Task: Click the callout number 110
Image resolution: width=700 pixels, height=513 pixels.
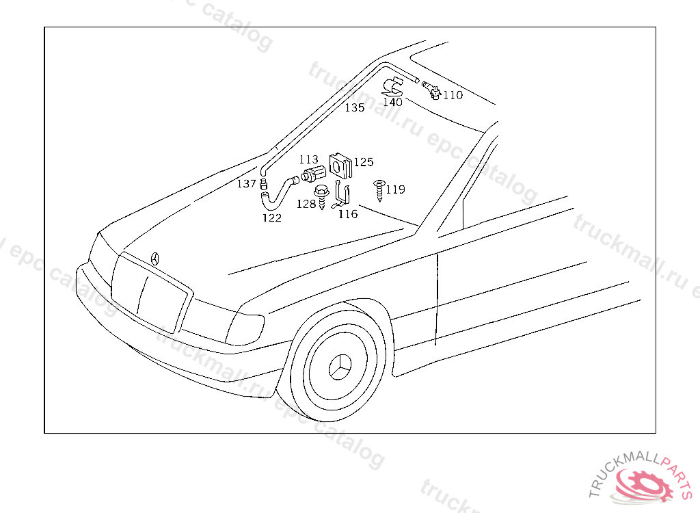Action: click(x=453, y=95)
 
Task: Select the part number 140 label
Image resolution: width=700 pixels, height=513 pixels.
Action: click(x=392, y=103)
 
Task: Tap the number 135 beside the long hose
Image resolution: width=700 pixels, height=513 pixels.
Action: click(x=354, y=108)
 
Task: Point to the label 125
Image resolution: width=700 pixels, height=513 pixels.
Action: click(x=364, y=162)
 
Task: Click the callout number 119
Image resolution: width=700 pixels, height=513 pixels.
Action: click(x=395, y=189)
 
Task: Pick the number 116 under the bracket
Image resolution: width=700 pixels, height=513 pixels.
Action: click(x=348, y=214)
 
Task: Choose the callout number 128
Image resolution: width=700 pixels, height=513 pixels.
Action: click(x=306, y=203)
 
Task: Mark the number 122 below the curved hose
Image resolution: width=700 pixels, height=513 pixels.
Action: click(x=272, y=218)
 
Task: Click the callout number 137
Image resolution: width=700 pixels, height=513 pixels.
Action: click(x=247, y=184)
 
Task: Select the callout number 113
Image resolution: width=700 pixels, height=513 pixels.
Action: click(x=308, y=159)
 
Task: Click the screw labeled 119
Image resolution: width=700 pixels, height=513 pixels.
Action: click(x=379, y=189)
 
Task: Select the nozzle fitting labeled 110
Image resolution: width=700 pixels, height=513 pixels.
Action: click(x=431, y=90)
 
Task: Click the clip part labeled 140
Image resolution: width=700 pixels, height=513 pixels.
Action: click(x=394, y=87)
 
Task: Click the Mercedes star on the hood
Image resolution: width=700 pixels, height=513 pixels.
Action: click(x=156, y=259)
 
